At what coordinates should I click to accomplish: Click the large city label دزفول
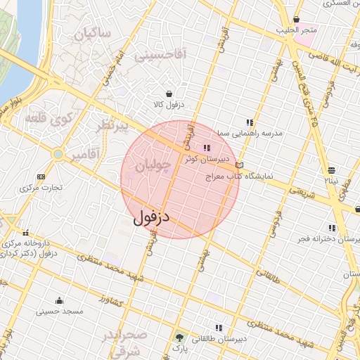point(152,217)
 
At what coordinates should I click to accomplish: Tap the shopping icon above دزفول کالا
point(169,94)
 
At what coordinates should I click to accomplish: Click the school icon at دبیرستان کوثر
point(206,148)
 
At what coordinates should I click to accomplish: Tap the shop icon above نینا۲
point(332,169)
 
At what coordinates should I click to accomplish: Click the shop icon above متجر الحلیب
point(297,19)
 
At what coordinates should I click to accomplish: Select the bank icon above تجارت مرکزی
point(41,176)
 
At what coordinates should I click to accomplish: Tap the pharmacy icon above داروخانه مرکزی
point(26,233)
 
